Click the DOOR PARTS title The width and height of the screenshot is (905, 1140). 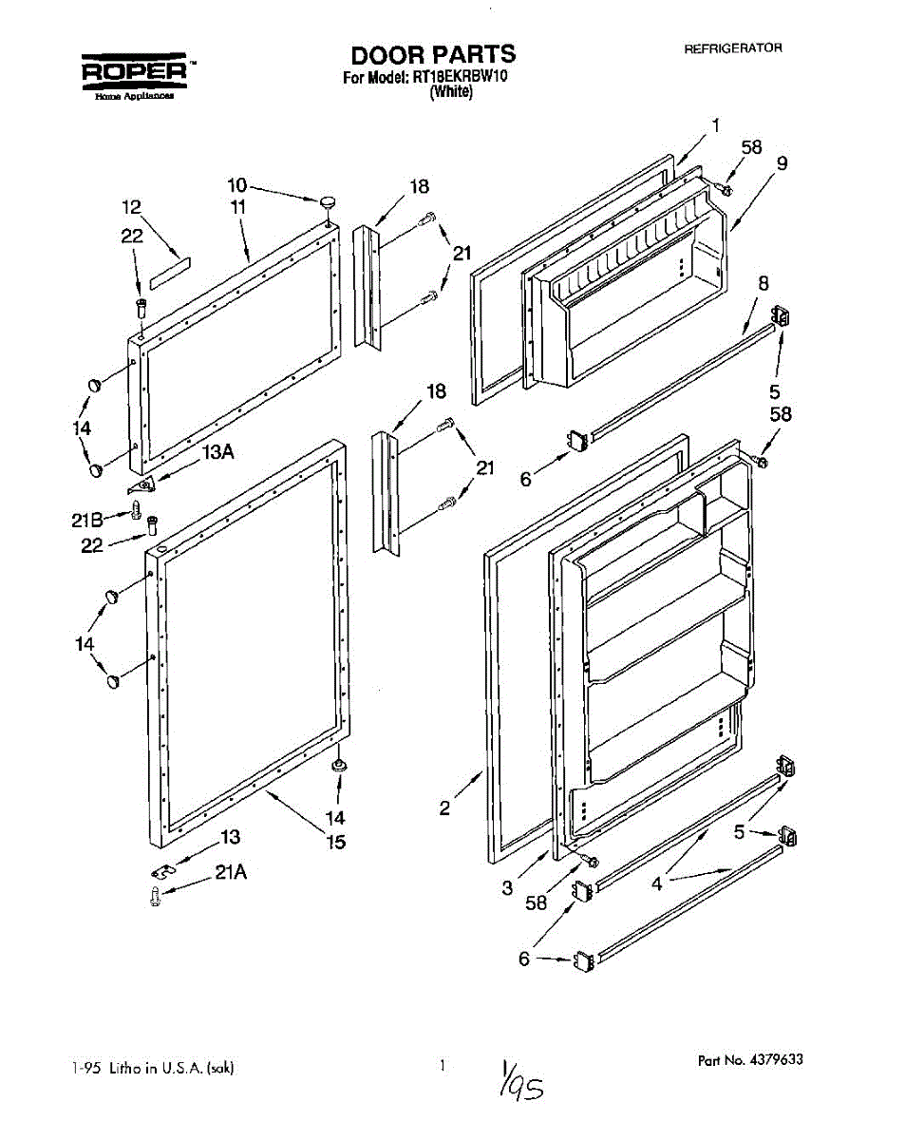tap(433, 54)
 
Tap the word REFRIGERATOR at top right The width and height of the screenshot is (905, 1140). tap(732, 48)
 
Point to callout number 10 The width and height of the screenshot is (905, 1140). tap(236, 184)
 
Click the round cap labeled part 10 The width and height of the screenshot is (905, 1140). tap(330, 200)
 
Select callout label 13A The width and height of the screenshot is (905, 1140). tap(217, 452)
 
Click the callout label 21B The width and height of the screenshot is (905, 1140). tap(86, 519)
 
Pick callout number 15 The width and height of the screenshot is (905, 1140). tap(336, 841)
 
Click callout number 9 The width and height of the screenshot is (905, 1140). tap(781, 163)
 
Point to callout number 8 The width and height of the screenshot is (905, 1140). tap(763, 282)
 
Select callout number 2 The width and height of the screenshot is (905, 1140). tap(444, 808)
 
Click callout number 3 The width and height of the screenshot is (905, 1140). tap(508, 888)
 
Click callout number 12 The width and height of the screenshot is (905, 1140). tap(131, 205)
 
